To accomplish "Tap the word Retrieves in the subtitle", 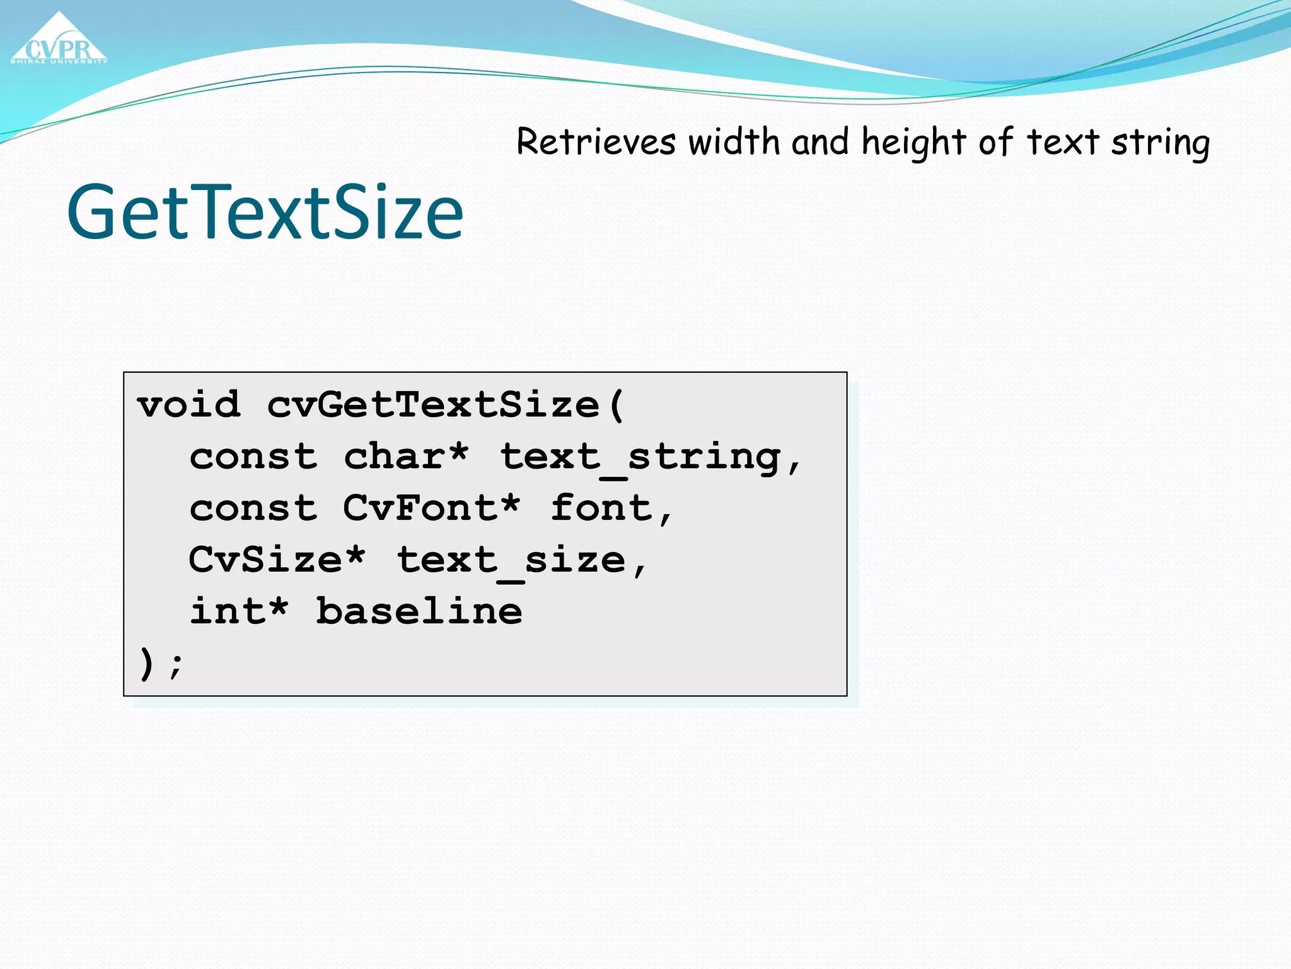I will click(x=596, y=141).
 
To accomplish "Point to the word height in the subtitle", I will click(x=913, y=143).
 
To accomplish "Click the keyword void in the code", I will click(x=188, y=404).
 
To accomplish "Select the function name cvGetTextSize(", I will click(x=445, y=404).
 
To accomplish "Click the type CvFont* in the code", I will click(x=432, y=508).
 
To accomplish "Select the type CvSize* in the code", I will click(x=277, y=560).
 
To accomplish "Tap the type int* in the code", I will click(x=239, y=611).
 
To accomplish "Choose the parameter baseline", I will click(x=419, y=611).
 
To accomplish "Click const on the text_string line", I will click(x=253, y=457).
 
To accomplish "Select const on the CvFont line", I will click(x=253, y=508).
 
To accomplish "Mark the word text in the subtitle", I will click(x=1063, y=143).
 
